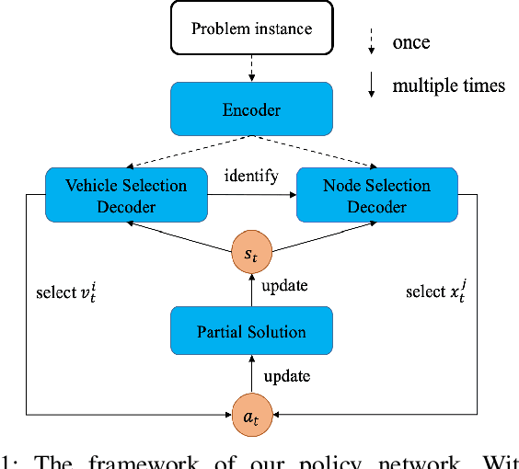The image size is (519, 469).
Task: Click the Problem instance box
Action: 250,28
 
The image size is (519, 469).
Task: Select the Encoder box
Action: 250,109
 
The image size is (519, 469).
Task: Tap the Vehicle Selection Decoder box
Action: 126,196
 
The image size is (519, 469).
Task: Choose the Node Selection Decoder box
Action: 376,196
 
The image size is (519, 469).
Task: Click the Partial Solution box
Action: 251,332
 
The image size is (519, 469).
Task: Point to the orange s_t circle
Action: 251,250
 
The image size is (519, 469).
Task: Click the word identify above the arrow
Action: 250,176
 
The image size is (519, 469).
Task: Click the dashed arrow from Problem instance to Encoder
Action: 250,67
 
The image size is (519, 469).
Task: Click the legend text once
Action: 411,43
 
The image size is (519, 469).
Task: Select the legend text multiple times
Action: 448,86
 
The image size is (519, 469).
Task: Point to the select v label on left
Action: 65,292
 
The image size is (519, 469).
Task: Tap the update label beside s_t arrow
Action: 284,285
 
